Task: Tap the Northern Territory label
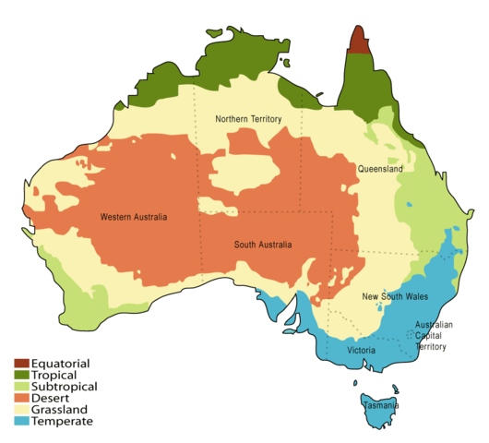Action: pyautogui.click(x=248, y=120)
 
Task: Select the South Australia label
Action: pyautogui.click(x=262, y=245)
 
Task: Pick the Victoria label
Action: pyautogui.click(x=361, y=352)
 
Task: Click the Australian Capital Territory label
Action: pyautogui.click(x=434, y=336)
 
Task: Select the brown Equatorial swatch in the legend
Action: pyautogui.click(x=22, y=363)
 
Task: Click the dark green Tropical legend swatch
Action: pyautogui.click(x=22, y=375)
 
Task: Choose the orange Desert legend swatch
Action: pyautogui.click(x=22, y=398)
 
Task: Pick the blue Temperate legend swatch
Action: pyautogui.click(x=22, y=422)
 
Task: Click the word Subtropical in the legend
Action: pyautogui.click(x=65, y=387)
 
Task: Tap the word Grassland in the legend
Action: pyautogui.click(x=62, y=410)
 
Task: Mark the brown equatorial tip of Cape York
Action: pyautogui.click(x=360, y=42)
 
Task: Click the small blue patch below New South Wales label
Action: pyautogui.click(x=399, y=316)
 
